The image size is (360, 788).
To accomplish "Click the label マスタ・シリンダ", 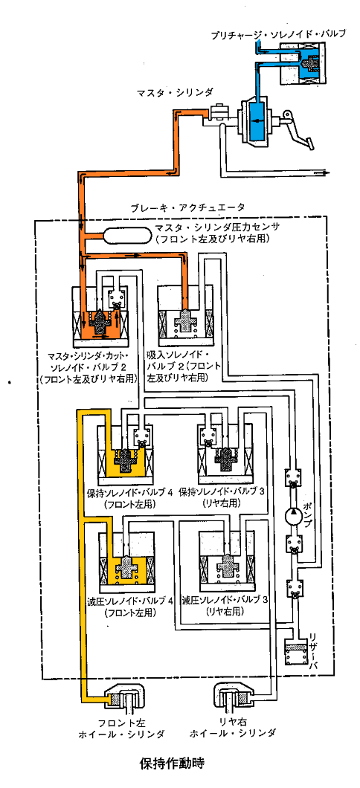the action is pyautogui.click(x=173, y=92).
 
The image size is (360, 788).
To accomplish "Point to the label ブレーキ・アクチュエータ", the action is pyautogui.click(x=187, y=207).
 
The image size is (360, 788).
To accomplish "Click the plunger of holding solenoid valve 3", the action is pyautogui.click(x=226, y=459).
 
